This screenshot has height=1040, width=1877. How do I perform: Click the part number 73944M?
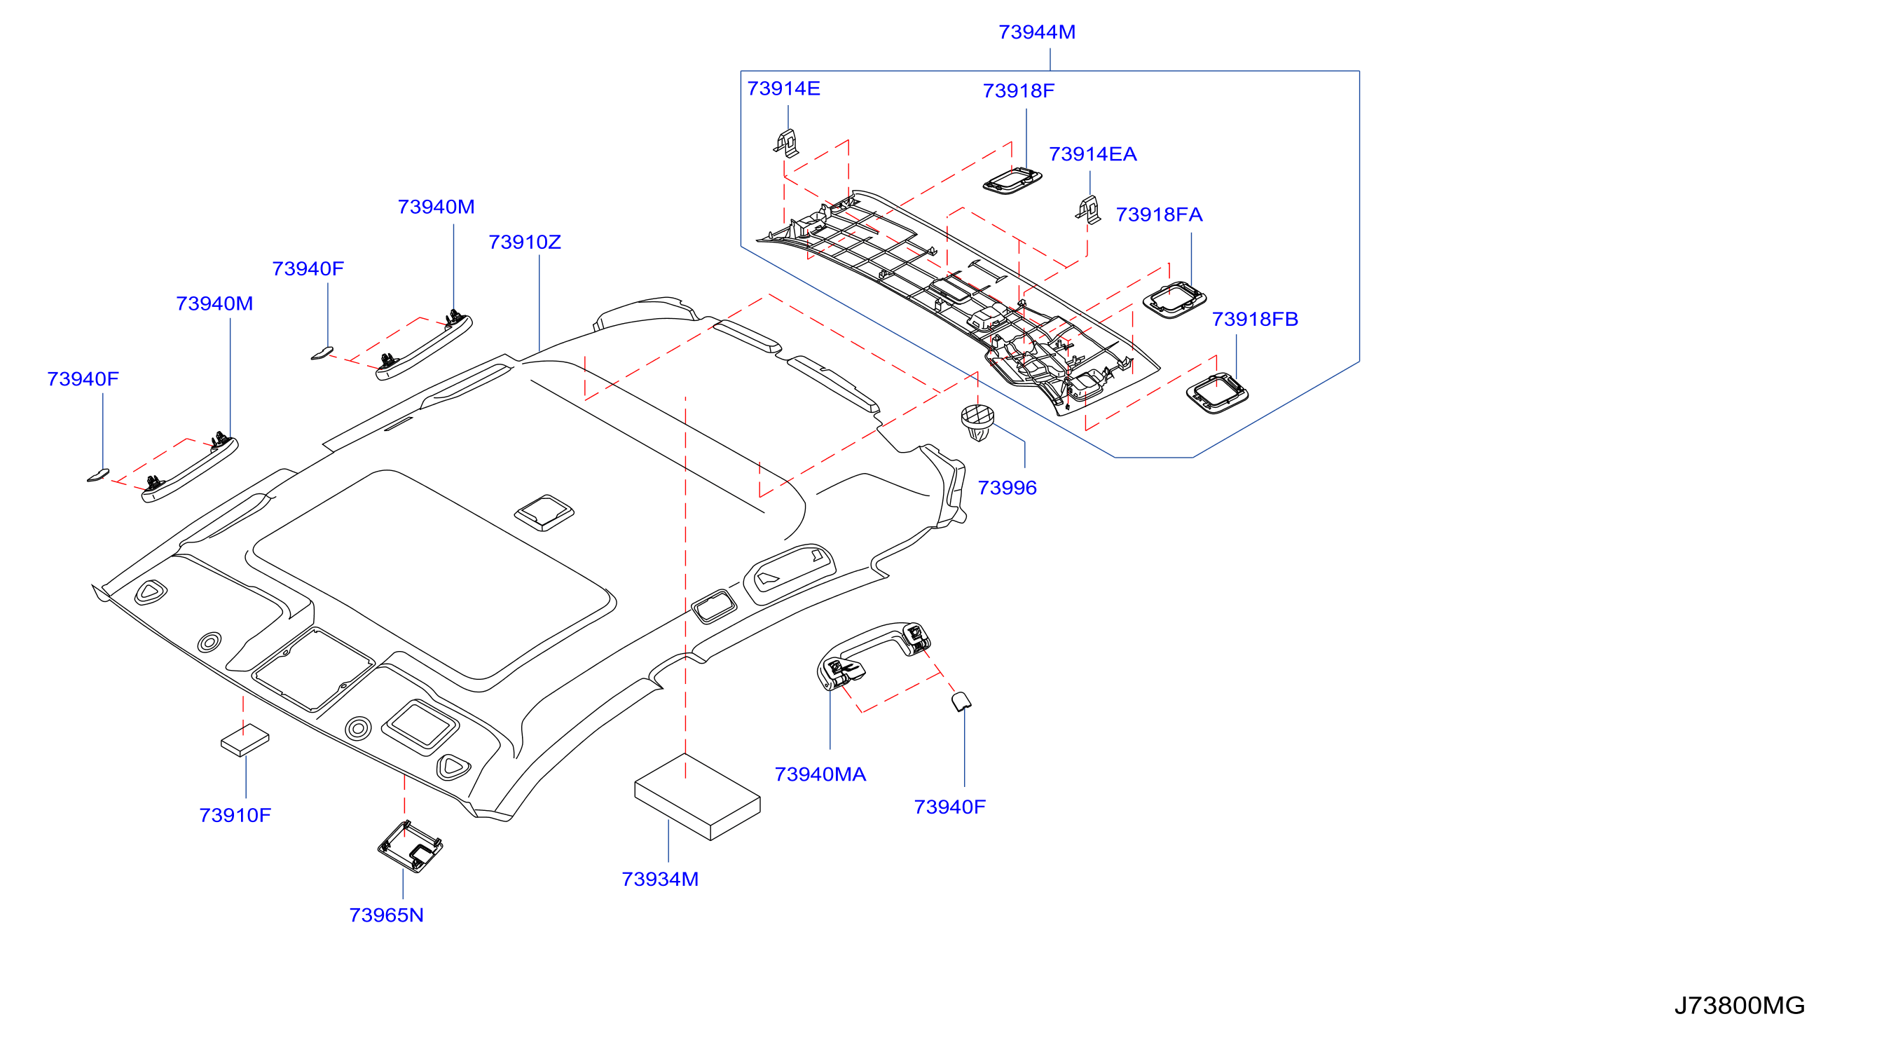[x=1036, y=32]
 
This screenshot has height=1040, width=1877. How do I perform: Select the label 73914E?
[x=783, y=88]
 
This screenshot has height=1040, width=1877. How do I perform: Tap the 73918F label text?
[x=1018, y=90]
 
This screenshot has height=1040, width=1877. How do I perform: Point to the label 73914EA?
[x=1092, y=153]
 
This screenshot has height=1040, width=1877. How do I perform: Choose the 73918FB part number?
[x=1255, y=318]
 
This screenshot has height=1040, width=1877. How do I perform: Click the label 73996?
[x=1007, y=488]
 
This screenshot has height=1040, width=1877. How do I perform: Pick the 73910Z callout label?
[x=525, y=242]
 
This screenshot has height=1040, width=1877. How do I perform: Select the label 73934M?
[x=659, y=879]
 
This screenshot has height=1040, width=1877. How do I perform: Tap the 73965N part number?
[x=386, y=915]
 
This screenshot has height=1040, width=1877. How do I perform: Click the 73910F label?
[x=235, y=815]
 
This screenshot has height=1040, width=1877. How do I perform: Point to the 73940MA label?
[x=820, y=774]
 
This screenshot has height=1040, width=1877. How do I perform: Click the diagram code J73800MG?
[x=1739, y=1005]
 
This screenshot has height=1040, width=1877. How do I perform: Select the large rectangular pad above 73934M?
[x=697, y=797]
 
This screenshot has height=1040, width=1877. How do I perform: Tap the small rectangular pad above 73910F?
[x=245, y=741]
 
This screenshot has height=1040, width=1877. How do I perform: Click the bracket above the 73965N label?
[x=411, y=847]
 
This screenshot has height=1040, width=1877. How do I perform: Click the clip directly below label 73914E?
[x=786, y=144]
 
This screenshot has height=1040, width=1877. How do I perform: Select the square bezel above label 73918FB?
[x=1217, y=394]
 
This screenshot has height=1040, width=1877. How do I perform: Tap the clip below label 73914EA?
[x=1088, y=210]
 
